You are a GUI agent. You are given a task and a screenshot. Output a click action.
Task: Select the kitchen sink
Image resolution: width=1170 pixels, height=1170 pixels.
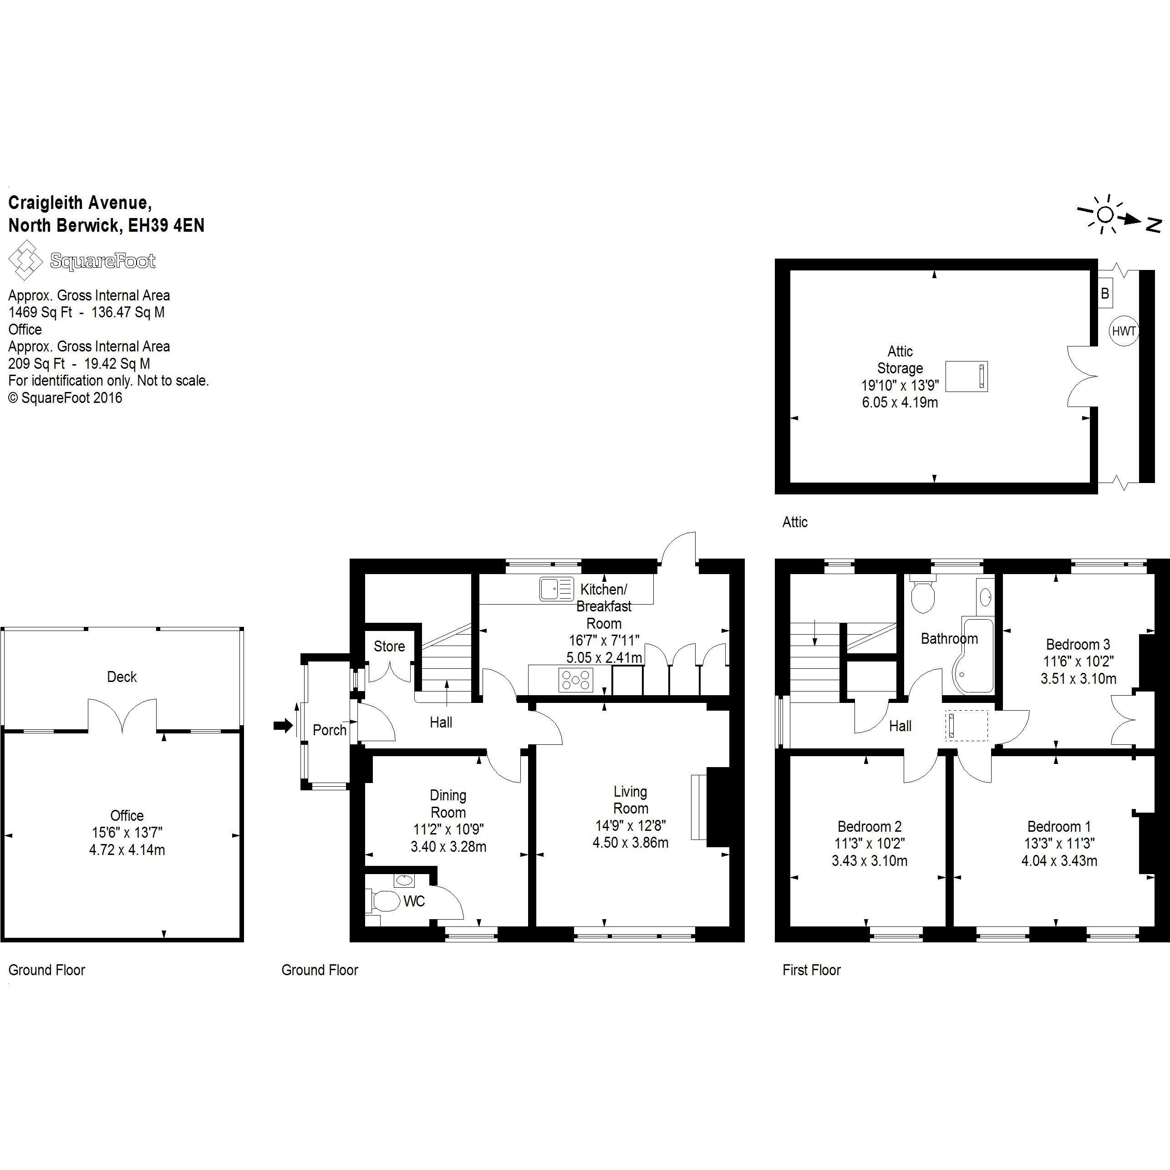tap(556, 589)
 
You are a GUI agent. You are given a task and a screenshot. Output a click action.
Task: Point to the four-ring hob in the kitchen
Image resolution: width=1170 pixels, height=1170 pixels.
tap(576, 680)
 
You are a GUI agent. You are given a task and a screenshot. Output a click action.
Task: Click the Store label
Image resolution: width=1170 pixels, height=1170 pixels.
tap(389, 646)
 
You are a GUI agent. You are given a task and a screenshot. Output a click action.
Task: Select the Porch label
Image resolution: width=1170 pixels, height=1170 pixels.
tap(330, 730)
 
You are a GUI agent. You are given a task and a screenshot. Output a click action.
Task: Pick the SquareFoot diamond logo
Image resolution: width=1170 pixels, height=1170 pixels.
tap(25, 260)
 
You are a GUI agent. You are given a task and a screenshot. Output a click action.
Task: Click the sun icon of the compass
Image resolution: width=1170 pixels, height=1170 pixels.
tap(1105, 214)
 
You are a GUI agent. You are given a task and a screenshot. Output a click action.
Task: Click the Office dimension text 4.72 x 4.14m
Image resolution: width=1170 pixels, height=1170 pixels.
tap(127, 850)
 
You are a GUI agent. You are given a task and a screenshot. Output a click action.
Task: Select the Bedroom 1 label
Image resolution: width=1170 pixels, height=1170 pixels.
tap(1059, 826)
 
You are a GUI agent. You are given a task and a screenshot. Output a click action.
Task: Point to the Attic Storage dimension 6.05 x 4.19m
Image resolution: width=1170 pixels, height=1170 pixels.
tap(900, 402)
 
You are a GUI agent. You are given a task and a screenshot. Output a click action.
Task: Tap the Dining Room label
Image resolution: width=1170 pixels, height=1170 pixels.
tap(448, 804)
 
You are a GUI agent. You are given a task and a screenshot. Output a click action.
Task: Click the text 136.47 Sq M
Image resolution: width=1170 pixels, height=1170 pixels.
tap(128, 312)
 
